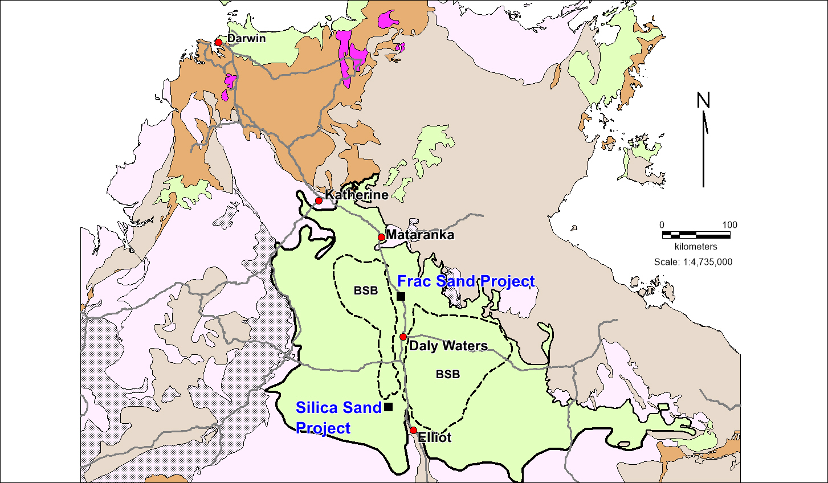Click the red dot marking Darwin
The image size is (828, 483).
[x=218, y=42]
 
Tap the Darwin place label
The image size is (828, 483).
[x=246, y=39]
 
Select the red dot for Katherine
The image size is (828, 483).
[x=319, y=200]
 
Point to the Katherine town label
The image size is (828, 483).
[x=356, y=195]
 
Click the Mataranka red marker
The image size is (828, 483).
[x=381, y=237]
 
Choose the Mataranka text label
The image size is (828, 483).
[x=420, y=235]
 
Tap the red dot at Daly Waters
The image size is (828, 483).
[x=403, y=337]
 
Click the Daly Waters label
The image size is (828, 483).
[x=448, y=346]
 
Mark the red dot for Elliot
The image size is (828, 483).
[x=413, y=430]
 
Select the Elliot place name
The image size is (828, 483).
[x=435, y=437]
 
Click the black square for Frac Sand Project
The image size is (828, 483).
[x=401, y=296]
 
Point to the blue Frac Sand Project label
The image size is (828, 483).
[x=466, y=281]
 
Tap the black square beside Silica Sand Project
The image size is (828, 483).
[x=388, y=407]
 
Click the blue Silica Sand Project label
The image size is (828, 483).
[x=338, y=417]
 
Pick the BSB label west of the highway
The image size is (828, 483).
[x=365, y=290]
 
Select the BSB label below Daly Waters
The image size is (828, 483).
[x=447, y=374]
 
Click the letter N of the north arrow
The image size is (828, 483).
[x=703, y=101]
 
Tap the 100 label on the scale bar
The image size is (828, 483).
[x=729, y=225]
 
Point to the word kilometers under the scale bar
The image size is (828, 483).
[x=696, y=247]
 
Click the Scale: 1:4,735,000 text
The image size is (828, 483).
[x=693, y=262]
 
